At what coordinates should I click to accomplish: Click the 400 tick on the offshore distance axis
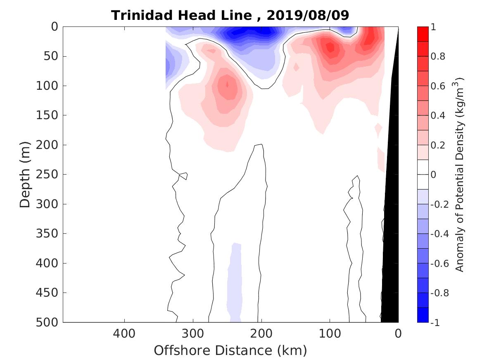tap(124, 333)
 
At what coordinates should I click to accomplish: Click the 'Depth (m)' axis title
tap(25, 174)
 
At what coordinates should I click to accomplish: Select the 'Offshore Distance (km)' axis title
tap(230, 350)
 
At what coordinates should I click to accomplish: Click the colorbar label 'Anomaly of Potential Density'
tap(460, 174)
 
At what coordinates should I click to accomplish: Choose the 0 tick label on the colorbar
tap(433, 175)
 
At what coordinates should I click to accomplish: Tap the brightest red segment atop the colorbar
tap(423, 34)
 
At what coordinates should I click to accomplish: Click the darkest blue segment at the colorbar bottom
tap(423, 315)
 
